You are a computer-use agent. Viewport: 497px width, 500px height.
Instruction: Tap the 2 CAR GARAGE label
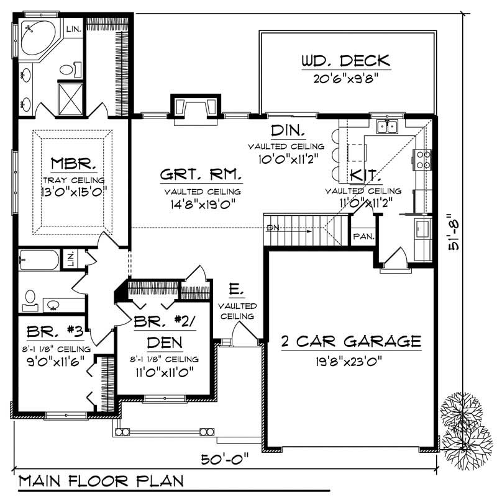click(x=352, y=341)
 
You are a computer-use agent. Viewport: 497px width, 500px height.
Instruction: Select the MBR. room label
click(x=73, y=166)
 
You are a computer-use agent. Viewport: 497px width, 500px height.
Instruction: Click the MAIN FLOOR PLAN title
click(x=96, y=482)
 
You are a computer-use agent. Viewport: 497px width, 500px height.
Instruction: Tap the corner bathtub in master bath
click(x=35, y=37)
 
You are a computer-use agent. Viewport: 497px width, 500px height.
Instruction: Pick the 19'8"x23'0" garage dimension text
click(x=352, y=360)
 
